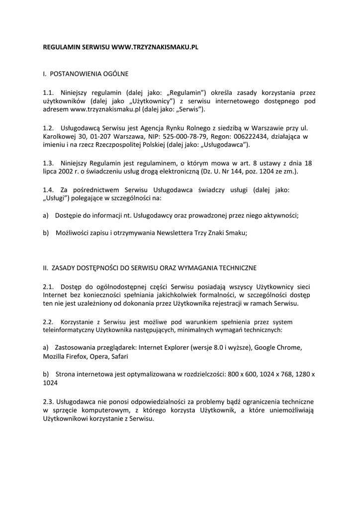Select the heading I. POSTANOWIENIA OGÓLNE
(x=86, y=74)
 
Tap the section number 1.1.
(x=48, y=92)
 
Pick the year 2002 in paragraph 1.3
(x=65, y=171)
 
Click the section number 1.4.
(x=48, y=189)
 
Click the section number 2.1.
(x=48, y=287)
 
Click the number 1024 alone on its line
(x=50, y=383)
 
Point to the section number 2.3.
(x=48, y=401)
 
